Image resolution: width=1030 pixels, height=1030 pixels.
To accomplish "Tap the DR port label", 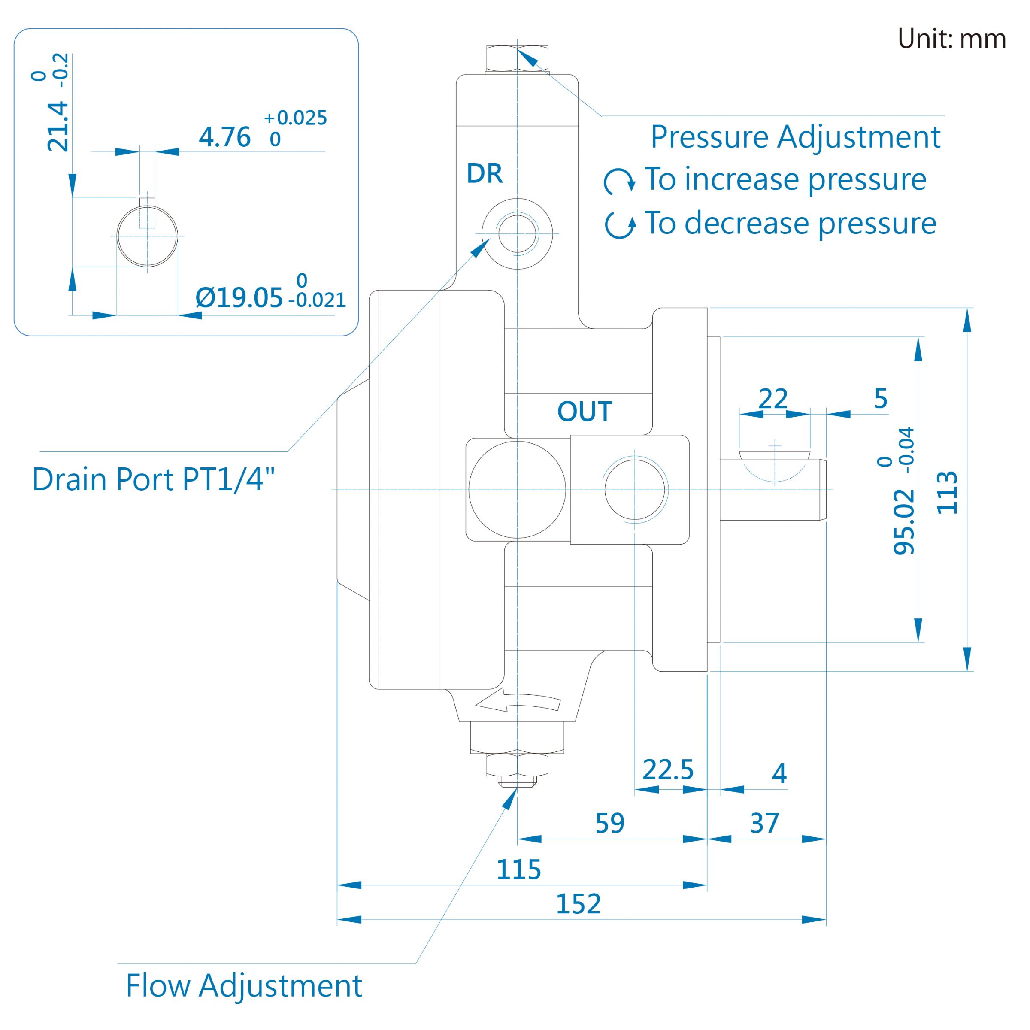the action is point(485,173).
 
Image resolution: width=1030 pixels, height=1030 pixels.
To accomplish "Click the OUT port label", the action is point(584,412).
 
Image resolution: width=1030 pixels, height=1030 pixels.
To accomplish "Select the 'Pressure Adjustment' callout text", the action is point(795,137).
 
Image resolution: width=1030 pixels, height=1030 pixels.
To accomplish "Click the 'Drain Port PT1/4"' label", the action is point(154,479).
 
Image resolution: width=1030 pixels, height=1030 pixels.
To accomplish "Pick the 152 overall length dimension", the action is point(578,904).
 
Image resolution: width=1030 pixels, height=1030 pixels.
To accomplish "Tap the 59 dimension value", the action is point(609,823).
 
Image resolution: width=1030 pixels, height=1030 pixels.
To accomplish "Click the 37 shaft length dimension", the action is point(764,823).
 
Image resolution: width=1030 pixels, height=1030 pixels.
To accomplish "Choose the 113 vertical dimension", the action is point(947,493).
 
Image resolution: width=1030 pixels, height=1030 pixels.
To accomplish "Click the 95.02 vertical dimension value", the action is point(904,522).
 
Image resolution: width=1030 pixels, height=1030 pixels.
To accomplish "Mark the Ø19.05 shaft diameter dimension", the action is point(239,297).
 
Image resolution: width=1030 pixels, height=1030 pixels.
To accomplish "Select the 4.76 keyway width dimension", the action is point(224,137).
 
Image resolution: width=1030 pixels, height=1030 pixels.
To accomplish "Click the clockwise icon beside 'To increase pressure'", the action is point(619,181).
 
